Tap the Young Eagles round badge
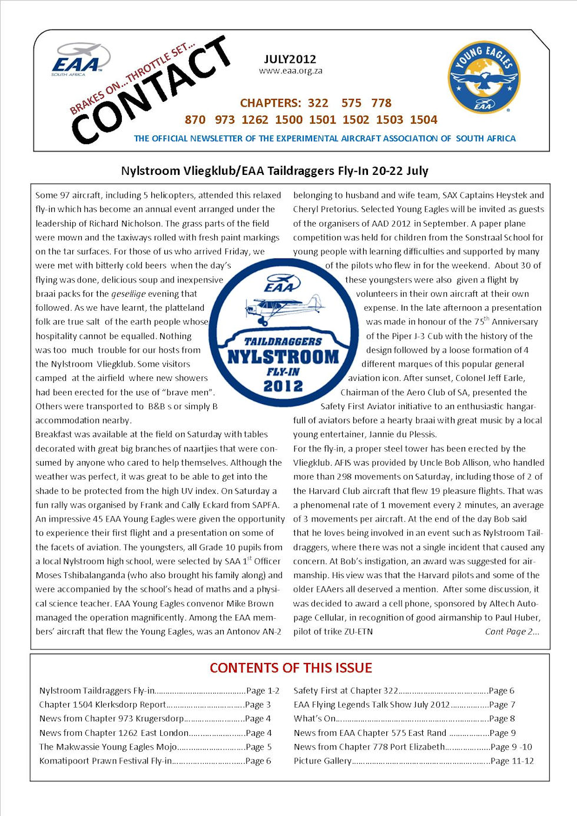(x=483, y=77)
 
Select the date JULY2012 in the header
(x=290, y=59)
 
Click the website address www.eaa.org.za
(x=290, y=71)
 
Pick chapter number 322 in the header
(x=318, y=103)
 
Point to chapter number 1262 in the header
(x=254, y=120)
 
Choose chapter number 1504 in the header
(x=423, y=120)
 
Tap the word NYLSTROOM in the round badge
(x=283, y=357)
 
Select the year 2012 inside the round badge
(x=283, y=386)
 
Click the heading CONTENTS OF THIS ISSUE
(x=291, y=668)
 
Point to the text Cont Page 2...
(x=512, y=632)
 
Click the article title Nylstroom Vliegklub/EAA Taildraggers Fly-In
(x=274, y=171)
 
